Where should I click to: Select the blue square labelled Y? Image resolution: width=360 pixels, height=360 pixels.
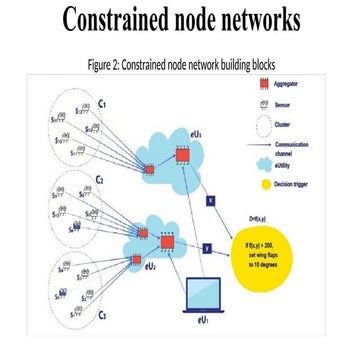click(205, 246)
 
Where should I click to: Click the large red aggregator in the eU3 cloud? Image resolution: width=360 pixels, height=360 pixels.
click(183, 154)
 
